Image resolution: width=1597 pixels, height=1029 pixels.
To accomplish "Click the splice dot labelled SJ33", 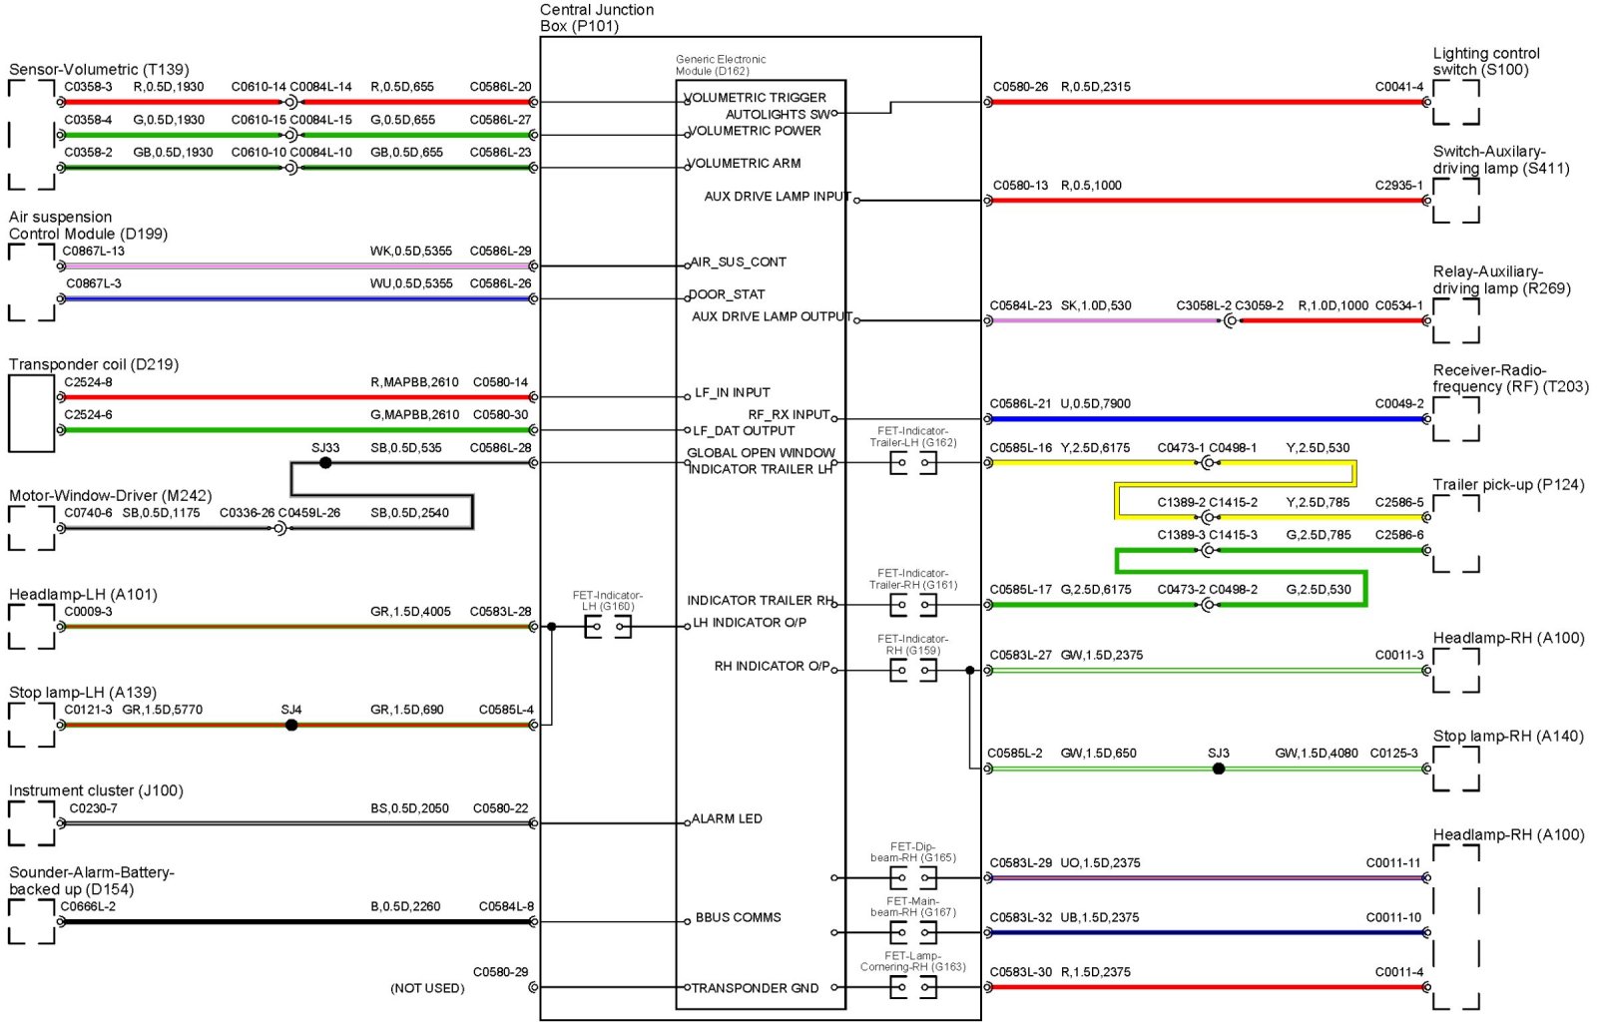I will [325, 463].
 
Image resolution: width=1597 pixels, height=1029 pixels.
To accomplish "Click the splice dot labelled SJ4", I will [291, 726].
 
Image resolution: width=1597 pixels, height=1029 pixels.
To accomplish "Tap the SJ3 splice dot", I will [1219, 770].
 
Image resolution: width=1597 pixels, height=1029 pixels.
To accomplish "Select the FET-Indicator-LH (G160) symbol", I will [608, 627].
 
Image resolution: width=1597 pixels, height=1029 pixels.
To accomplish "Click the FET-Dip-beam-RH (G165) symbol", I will [913, 878].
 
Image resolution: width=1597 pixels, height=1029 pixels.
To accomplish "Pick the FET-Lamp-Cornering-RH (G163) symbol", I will [913, 987].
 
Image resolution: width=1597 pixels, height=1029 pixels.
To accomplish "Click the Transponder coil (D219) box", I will [31, 413].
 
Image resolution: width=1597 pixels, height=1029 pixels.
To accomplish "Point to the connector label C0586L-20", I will [501, 87].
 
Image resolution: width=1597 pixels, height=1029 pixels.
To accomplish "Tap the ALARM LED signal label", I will [727, 819].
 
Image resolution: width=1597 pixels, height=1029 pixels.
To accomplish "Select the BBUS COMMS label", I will [738, 918].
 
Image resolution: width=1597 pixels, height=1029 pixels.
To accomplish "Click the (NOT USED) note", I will [427, 989].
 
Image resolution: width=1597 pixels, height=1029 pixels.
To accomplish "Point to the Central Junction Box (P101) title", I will [597, 18].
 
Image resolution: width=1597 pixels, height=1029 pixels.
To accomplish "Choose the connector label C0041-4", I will [1399, 87].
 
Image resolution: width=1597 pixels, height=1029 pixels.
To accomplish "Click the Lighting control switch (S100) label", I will [1486, 61].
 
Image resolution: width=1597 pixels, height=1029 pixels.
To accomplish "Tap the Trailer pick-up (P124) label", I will [1508, 485].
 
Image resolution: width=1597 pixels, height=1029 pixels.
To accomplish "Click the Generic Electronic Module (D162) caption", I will [721, 65].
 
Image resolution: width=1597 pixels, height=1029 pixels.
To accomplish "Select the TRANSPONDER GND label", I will [755, 989].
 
